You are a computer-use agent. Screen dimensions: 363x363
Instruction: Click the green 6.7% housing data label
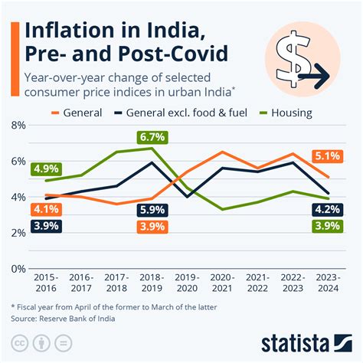[152, 137]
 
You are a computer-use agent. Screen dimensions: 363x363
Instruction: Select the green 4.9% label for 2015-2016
[46, 168]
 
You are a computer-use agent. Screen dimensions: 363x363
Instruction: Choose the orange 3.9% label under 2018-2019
[152, 226]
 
